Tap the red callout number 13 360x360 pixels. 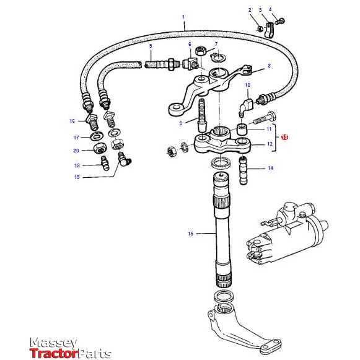[284, 137]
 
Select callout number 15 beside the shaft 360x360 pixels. [190, 234]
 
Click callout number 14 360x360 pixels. [270, 168]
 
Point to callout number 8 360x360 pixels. [269, 65]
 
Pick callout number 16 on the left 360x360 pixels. [72, 121]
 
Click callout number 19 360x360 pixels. [76, 177]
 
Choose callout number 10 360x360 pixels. [247, 84]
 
